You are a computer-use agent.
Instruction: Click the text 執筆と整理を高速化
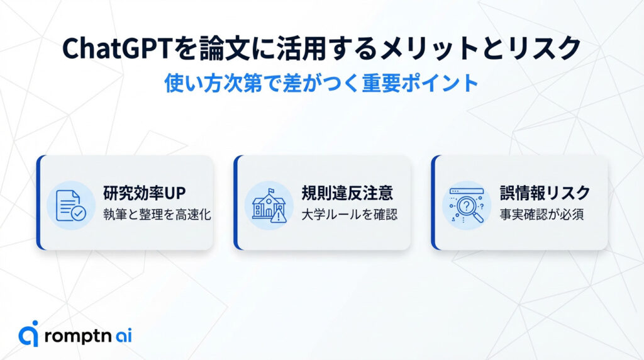point(157,214)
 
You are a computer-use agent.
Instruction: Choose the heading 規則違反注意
point(341,192)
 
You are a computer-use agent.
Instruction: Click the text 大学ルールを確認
point(348,214)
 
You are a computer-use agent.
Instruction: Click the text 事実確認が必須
point(538,214)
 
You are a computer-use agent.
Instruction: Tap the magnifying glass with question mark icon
point(466,205)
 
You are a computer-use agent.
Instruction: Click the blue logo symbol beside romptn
point(29,334)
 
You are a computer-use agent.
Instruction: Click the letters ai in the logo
point(123,335)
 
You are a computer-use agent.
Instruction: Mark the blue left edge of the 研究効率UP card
point(39,202)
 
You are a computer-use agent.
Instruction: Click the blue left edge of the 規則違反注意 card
point(236,202)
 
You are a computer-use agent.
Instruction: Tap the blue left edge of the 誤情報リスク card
point(434,202)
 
